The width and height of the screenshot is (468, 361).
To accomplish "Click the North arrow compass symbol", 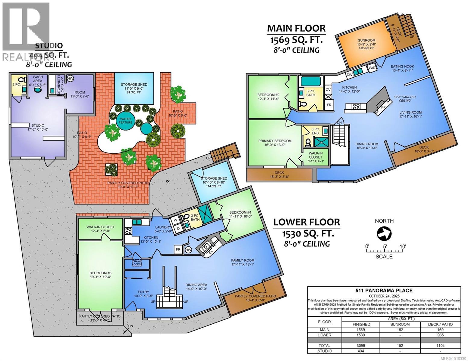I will (384, 233).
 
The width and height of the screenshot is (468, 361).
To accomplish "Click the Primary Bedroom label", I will (275, 141).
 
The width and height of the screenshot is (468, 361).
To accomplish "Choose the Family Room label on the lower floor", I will (243, 260).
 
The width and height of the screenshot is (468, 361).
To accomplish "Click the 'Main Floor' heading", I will (297, 28).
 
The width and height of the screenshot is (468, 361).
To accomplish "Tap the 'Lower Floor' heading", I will (306, 222).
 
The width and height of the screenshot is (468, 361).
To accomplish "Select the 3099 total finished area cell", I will (361, 346).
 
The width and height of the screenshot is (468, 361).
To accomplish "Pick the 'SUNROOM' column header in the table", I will (400, 324).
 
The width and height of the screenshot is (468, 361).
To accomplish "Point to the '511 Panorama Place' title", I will (384, 290).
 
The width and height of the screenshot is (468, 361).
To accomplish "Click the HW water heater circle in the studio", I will (70, 78).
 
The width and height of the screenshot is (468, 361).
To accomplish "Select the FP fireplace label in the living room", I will (383, 107).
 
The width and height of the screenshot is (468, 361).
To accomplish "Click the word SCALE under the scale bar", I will (384, 256).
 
